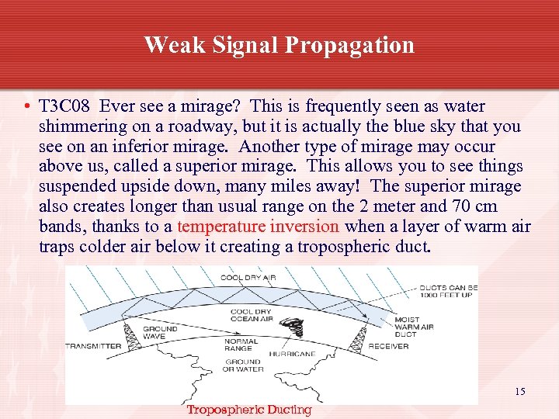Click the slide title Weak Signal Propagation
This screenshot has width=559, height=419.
279,45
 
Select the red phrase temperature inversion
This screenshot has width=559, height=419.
259,227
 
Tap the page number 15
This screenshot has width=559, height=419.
519,392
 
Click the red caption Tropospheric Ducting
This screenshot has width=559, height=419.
248,410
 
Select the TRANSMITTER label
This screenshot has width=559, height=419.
93,346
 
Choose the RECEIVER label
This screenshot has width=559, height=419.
388,346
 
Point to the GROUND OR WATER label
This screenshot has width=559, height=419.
243,365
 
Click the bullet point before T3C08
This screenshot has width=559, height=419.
27,107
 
